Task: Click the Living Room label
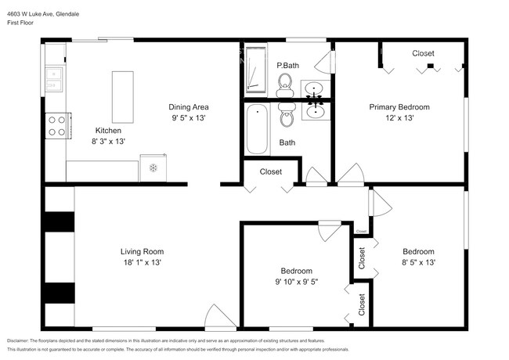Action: tap(142, 251)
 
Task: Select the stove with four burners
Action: tap(56, 125)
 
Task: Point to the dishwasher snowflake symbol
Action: tap(154, 167)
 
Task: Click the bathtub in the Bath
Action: tap(257, 129)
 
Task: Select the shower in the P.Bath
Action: tap(254, 70)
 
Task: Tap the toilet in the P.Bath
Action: tap(284, 82)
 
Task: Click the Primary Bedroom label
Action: tap(399, 106)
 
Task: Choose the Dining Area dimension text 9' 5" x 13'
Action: tap(189, 118)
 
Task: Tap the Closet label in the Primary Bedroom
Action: tap(423, 53)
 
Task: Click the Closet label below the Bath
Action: tap(270, 171)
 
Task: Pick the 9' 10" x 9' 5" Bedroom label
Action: tap(297, 281)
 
